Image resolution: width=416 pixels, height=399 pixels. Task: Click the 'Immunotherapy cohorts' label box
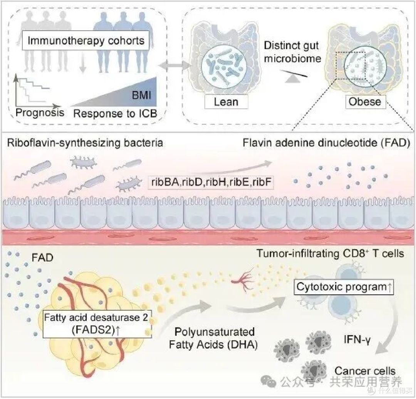[86, 40]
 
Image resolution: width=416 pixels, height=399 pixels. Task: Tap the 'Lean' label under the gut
[226, 102]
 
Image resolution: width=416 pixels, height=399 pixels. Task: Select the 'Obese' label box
[365, 101]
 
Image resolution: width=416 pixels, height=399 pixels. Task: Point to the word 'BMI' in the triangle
[141, 95]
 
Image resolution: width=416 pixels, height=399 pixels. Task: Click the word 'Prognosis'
[40, 113]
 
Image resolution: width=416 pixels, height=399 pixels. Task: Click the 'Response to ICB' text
[116, 113]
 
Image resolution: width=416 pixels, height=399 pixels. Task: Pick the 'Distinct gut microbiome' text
[292, 52]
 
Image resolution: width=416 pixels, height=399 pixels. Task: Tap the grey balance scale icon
[294, 76]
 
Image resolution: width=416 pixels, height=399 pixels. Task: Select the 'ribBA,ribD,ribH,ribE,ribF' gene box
[211, 182]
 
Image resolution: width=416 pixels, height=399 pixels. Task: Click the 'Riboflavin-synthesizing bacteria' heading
[85, 143]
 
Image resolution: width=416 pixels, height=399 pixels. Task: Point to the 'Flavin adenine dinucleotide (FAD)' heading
[326, 143]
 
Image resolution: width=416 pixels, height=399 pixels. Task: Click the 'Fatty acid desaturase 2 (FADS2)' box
[97, 324]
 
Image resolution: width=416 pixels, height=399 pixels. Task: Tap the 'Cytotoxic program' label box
[344, 287]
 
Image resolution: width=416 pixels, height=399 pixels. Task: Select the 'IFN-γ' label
[357, 339]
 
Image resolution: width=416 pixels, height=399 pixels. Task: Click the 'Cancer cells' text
[365, 371]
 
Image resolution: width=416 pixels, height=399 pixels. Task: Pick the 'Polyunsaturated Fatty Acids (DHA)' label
[213, 338]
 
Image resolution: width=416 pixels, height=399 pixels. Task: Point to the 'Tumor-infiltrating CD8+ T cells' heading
[330, 253]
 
